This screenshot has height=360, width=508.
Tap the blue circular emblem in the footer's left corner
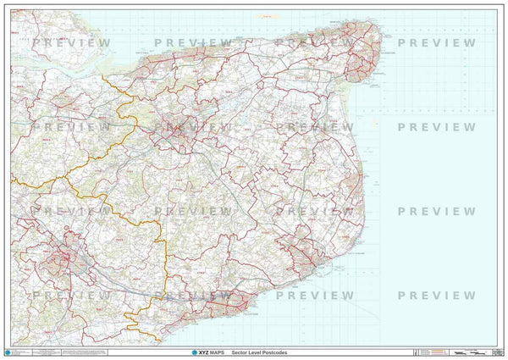click(8, 351)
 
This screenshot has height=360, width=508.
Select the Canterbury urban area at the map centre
click(179, 129)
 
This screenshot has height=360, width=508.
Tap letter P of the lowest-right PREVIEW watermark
click(402, 295)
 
